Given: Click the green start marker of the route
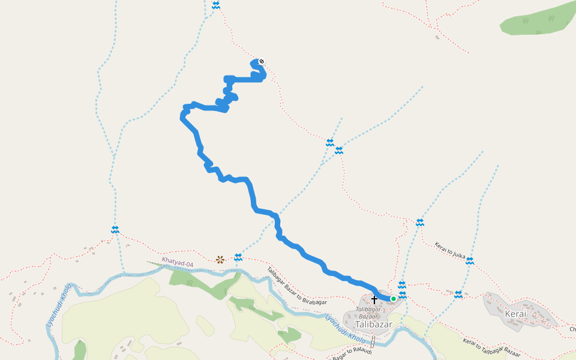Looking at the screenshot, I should (394, 298).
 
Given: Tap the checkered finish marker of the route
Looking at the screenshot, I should (261, 61).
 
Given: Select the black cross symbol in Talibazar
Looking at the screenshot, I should (374, 299).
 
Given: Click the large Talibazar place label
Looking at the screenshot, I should (373, 325).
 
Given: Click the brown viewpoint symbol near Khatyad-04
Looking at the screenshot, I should (220, 259).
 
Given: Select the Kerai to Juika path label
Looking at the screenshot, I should (450, 250).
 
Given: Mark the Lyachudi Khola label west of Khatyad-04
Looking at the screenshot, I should (59, 306).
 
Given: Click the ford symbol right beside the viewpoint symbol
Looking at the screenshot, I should (238, 257).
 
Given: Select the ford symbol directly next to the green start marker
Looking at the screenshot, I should (402, 295).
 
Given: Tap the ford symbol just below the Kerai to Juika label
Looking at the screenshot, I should (470, 261).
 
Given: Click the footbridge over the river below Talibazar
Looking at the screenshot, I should (373, 341).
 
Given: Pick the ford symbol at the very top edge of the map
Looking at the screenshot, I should (216, 5).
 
